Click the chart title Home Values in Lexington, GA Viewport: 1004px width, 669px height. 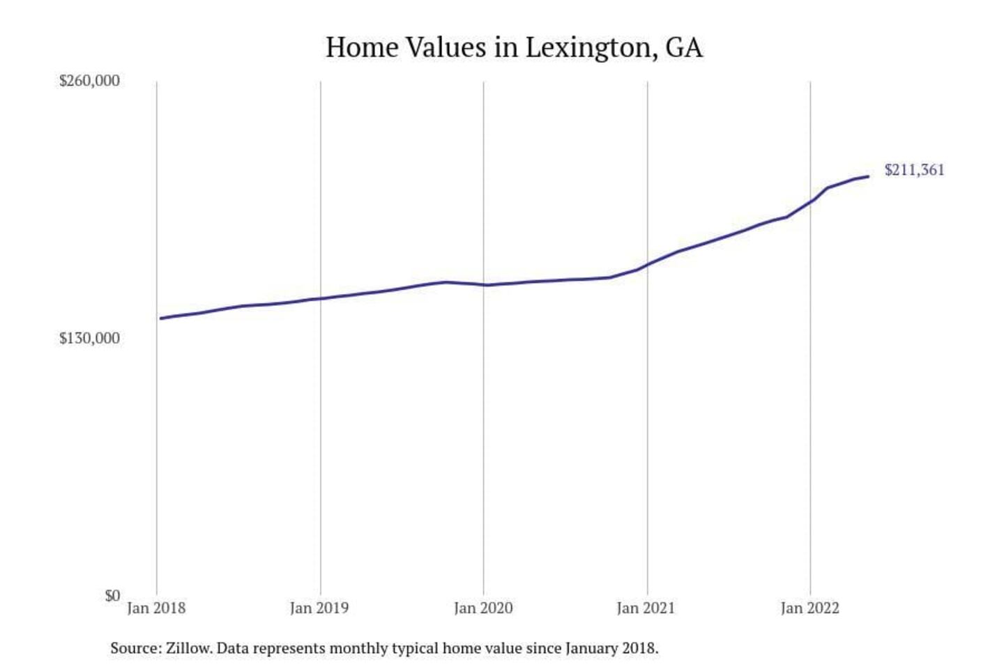514,47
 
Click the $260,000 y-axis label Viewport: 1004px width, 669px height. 89,80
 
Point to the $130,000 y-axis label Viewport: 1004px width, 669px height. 89,338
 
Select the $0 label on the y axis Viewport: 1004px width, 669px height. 112,595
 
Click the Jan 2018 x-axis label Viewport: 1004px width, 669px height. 156,608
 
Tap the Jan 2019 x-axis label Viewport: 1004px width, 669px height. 319,608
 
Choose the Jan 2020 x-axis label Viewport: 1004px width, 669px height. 483,608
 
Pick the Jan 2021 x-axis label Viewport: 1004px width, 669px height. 646,608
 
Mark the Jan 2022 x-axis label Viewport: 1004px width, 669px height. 809,608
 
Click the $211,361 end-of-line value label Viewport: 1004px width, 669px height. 914,170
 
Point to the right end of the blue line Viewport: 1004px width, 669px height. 868,176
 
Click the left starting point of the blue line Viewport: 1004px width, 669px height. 160,318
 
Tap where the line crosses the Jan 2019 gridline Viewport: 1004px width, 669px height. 321,298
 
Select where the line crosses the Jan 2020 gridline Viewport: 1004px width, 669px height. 484,284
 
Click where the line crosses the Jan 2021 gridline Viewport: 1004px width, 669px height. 647,264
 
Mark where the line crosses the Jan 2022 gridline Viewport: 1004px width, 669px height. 810,201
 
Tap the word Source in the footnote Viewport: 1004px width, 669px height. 134,648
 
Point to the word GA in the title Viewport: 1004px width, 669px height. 684,47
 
